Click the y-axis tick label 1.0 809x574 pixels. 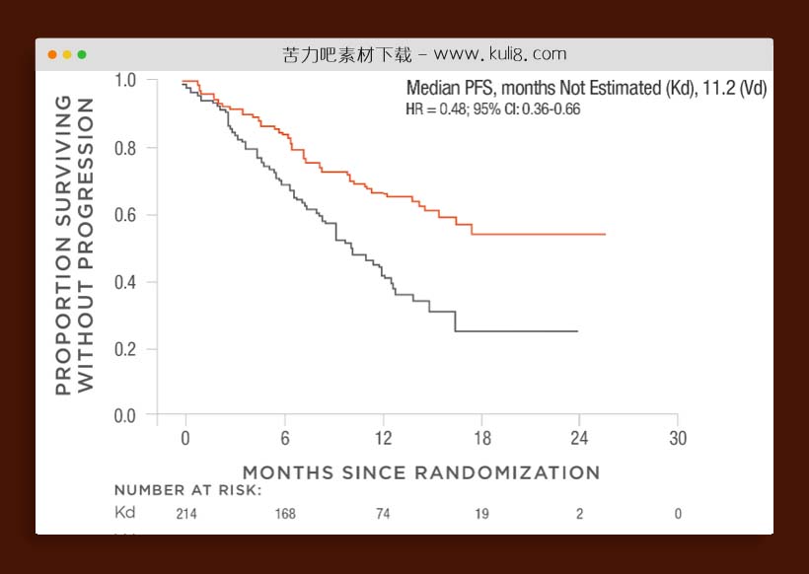pyautogui.click(x=126, y=81)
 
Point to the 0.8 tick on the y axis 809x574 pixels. pyautogui.click(x=126, y=148)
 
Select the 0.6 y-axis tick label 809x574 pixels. pyautogui.click(x=126, y=215)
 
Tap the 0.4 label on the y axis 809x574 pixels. pyautogui.click(x=126, y=282)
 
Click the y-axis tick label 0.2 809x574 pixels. pyautogui.click(x=126, y=349)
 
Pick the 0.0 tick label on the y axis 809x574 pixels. pyautogui.click(x=126, y=416)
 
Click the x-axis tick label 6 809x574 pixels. pyautogui.click(x=284, y=438)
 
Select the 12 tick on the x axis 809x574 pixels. pyautogui.click(x=383, y=438)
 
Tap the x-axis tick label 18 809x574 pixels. pyautogui.click(x=481, y=438)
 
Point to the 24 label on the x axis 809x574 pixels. pyautogui.click(x=579, y=438)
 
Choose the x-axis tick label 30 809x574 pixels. pyautogui.click(x=678, y=438)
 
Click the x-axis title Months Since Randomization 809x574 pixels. pyautogui.click(x=421, y=472)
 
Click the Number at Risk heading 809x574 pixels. pyautogui.click(x=187, y=490)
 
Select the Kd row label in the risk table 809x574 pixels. pyautogui.click(x=125, y=513)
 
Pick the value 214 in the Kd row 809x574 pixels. pyautogui.click(x=186, y=514)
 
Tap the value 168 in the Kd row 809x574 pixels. pyautogui.click(x=285, y=514)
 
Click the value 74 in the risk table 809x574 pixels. pyautogui.click(x=383, y=514)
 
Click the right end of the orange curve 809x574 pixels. pyautogui.click(x=605, y=234)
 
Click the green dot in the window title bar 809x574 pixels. pyautogui.click(x=82, y=54)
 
